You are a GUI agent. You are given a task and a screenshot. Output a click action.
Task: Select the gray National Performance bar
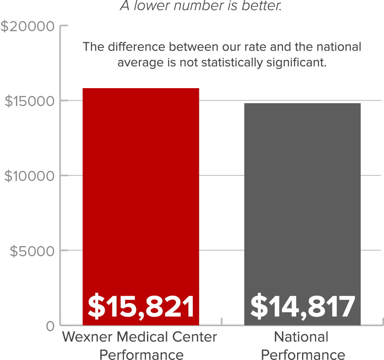(x=302, y=195)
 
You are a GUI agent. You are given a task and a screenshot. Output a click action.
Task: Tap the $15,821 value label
(x=141, y=307)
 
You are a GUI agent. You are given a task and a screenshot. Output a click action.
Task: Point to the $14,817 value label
(x=303, y=307)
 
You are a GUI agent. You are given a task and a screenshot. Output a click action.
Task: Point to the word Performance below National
(x=303, y=354)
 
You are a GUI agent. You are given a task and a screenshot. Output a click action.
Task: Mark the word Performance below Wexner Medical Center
(x=141, y=354)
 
